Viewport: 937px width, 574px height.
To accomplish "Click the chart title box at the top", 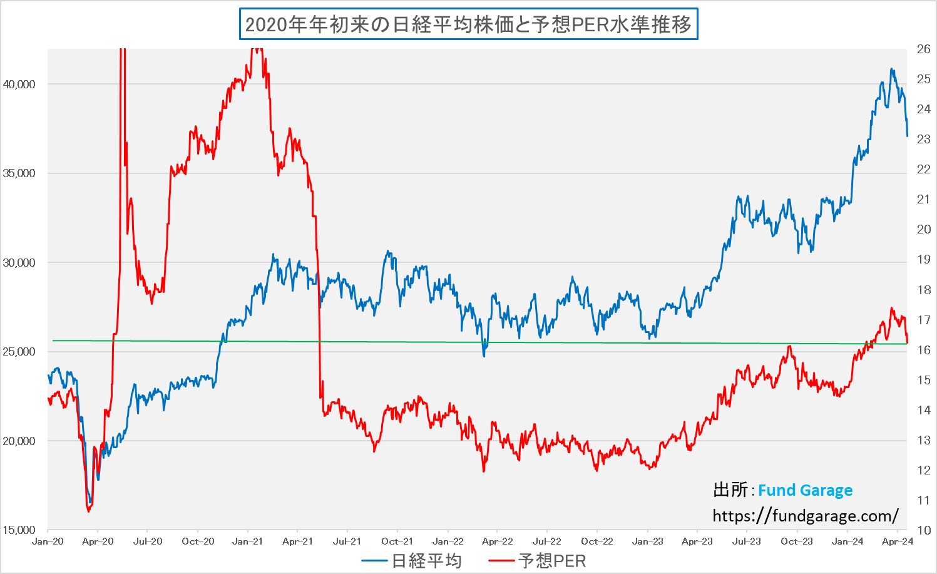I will [x=468, y=24].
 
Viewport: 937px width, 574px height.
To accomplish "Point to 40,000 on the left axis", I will [x=19, y=85].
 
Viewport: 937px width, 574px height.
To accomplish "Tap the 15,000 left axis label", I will [x=19, y=530].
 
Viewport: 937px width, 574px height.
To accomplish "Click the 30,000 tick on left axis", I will [x=19, y=263].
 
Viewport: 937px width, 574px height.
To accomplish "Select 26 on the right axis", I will [x=923, y=49].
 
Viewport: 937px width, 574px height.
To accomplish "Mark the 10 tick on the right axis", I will [x=923, y=530].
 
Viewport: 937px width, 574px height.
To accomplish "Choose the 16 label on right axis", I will [x=923, y=350].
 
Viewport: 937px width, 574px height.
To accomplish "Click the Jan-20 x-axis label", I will [x=48, y=541].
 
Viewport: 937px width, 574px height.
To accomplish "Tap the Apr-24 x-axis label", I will [x=897, y=541].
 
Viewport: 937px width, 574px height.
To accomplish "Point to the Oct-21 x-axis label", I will [x=397, y=541].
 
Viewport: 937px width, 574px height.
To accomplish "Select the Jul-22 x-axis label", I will [x=546, y=541].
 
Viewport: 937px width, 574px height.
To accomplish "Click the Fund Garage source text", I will [x=805, y=490].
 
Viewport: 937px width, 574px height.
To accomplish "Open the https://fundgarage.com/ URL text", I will [x=805, y=516].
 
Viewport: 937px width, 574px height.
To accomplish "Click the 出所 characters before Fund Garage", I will [x=730, y=490].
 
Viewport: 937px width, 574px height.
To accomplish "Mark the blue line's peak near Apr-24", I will [x=891, y=69].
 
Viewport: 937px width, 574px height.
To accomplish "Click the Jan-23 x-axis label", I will [x=647, y=541].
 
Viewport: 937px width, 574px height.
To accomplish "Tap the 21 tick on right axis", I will [x=923, y=200].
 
